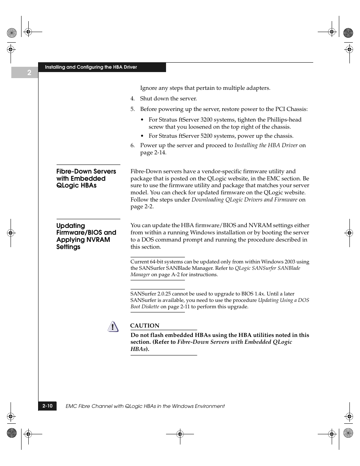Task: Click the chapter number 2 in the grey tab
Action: (x=29, y=73)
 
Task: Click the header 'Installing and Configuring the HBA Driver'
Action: (x=91, y=67)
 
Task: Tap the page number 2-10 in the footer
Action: (x=48, y=406)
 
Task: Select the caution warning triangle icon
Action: (x=113, y=327)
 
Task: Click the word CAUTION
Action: (x=145, y=326)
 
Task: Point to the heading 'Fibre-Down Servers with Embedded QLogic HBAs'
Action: (x=86, y=178)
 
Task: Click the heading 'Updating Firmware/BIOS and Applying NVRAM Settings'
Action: (x=86, y=236)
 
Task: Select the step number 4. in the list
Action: (x=132, y=99)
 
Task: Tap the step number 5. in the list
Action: (x=132, y=109)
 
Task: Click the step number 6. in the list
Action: (x=132, y=146)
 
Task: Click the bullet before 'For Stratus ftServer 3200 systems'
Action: (x=142, y=120)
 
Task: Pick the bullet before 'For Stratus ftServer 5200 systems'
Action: (x=142, y=136)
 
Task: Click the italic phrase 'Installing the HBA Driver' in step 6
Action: (x=266, y=145)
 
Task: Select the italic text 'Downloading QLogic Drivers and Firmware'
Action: (x=244, y=200)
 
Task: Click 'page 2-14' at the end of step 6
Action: (x=153, y=153)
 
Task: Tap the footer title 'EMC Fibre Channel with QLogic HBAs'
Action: (x=145, y=406)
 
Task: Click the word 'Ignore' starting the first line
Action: (x=148, y=88)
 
